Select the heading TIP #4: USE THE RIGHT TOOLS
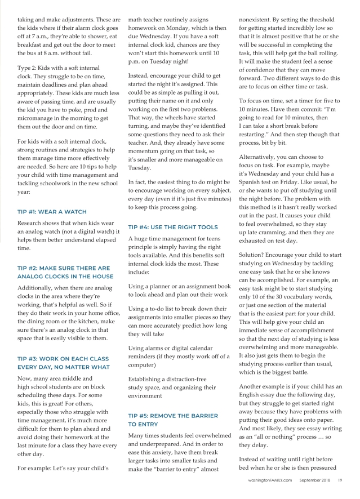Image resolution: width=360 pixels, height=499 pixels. pyautogui.click(x=172, y=228)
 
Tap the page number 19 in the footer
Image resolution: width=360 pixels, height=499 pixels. pyautogui.click(x=341, y=481)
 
